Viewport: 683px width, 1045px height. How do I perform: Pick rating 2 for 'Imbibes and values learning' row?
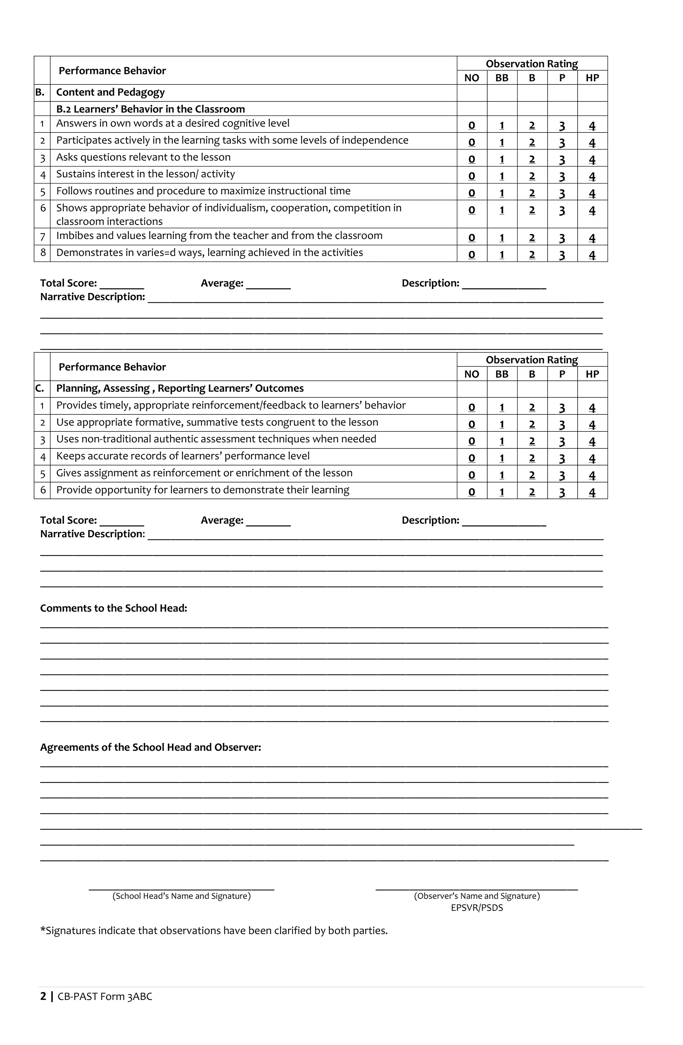click(532, 238)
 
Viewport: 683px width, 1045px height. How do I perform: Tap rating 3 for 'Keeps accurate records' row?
click(562, 458)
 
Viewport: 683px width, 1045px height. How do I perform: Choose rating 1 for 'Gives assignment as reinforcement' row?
click(501, 475)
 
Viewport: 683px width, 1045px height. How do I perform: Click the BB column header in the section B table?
click(501, 78)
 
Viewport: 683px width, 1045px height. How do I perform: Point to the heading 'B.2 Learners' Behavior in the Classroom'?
click(150, 109)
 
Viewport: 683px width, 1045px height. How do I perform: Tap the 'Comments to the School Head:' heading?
click(113, 608)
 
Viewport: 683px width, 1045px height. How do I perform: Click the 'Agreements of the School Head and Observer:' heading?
click(150, 747)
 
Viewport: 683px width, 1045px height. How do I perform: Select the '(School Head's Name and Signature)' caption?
click(181, 896)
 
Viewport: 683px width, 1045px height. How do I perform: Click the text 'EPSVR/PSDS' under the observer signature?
click(477, 908)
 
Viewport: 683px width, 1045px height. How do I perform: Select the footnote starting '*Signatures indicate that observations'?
click(214, 931)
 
